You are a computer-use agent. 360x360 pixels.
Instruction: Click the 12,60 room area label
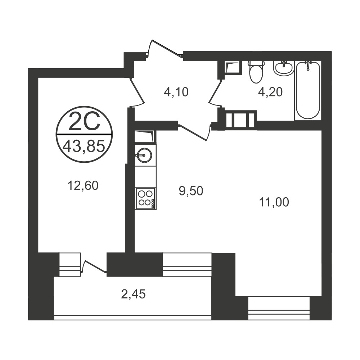coord(83,185)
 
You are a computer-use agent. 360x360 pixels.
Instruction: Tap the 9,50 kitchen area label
coord(191,191)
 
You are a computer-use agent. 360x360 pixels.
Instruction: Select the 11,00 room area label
coord(274,202)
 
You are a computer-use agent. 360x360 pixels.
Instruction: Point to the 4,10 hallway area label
coord(176,92)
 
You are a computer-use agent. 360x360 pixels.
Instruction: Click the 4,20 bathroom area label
coord(270,92)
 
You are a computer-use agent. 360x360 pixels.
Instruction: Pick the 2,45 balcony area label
coord(133,294)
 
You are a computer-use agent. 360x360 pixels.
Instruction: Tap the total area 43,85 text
coord(84,146)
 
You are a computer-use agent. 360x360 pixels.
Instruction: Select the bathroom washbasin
coord(284,68)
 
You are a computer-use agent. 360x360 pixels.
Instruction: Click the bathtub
coord(308,90)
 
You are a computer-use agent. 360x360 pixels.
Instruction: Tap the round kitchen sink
coord(144,155)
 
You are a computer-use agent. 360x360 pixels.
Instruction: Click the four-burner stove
coord(145,199)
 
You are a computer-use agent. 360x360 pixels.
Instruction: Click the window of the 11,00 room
coord(279,309)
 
